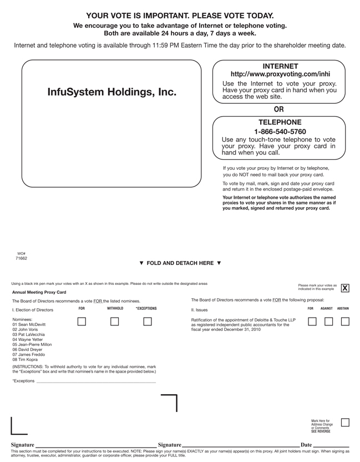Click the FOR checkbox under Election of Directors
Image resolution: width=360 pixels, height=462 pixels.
tap(82, 322)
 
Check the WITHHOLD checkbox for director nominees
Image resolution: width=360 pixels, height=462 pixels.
tap(115, 322)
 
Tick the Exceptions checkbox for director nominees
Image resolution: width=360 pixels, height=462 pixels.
tap(148, 322)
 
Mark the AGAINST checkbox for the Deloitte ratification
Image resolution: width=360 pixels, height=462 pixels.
tap(328, 322)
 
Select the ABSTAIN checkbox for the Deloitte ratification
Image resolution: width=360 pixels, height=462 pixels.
tap(345, 322)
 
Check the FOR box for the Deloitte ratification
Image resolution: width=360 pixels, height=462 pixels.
tap(312, 322)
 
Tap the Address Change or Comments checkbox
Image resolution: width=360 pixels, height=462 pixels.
tap(345, 423)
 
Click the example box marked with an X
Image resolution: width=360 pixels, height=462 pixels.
tap(345, 288)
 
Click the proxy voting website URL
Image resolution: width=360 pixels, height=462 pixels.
tap(280, 74)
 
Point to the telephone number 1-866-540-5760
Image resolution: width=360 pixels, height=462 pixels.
tap(280, 132)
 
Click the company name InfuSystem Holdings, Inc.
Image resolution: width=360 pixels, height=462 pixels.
tap(112, 92)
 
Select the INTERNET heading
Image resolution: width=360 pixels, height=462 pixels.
tap(280, 66)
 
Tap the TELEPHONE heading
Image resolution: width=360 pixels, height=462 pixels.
tap(280, 122)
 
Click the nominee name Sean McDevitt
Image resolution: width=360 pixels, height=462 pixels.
tap(32, 325)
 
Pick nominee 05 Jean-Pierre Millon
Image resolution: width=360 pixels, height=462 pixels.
tap(36, 344)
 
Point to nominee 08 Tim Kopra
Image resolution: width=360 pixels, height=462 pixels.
tap(28, 359)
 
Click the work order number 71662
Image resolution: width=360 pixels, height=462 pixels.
tap(21, 258)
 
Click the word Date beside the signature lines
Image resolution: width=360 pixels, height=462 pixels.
tap(306, 445)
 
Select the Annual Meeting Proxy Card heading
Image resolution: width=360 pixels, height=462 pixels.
tap(39, 292)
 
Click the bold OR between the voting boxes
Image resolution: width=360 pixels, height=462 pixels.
tap(278, 109)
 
